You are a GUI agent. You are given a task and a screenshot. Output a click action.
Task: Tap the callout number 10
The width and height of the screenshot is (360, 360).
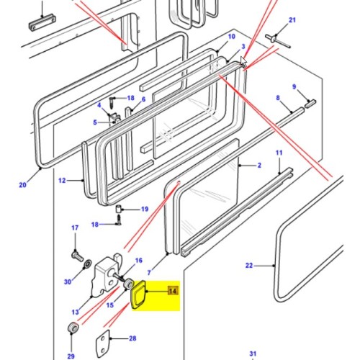pos(231,36)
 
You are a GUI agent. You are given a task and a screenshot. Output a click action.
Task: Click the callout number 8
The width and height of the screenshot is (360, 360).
pos(277,97)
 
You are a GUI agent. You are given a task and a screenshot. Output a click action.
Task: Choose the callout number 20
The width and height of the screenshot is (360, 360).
pos(22,185)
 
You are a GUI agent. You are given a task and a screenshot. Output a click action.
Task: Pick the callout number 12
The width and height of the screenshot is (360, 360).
pos(62,180)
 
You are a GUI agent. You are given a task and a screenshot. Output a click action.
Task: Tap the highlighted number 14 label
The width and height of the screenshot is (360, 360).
pos(172,292)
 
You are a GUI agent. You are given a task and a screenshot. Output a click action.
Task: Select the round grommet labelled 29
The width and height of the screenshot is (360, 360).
pos(73,329)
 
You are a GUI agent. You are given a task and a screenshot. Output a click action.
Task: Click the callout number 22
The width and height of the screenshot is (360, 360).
pos(249,266)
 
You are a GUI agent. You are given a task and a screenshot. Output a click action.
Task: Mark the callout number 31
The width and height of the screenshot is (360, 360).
pos(253,353)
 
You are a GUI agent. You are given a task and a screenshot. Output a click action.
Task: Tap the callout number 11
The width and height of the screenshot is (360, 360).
pos(279,153)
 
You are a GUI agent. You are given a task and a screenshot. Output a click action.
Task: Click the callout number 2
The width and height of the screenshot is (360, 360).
pos(258,166)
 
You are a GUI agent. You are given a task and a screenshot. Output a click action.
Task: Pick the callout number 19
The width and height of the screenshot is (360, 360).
pos(144,210)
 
